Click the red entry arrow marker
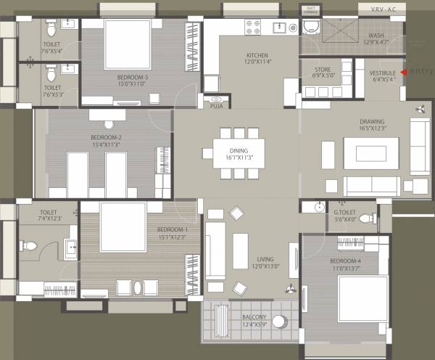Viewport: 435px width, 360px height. click(403, 73)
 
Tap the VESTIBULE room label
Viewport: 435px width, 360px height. click(382, 73)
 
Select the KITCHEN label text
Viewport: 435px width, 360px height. click(258, 56)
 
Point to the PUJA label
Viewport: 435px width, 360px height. click(216, 106)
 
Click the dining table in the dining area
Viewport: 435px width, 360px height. click(239, 152)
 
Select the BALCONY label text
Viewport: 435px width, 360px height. click(254, 316)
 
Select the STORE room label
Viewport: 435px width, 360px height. click(323, 69)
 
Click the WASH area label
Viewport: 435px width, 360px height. click(376, 35)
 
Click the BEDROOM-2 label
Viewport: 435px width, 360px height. click(106, 137)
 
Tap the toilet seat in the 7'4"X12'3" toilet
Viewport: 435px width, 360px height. click(30, 246)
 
